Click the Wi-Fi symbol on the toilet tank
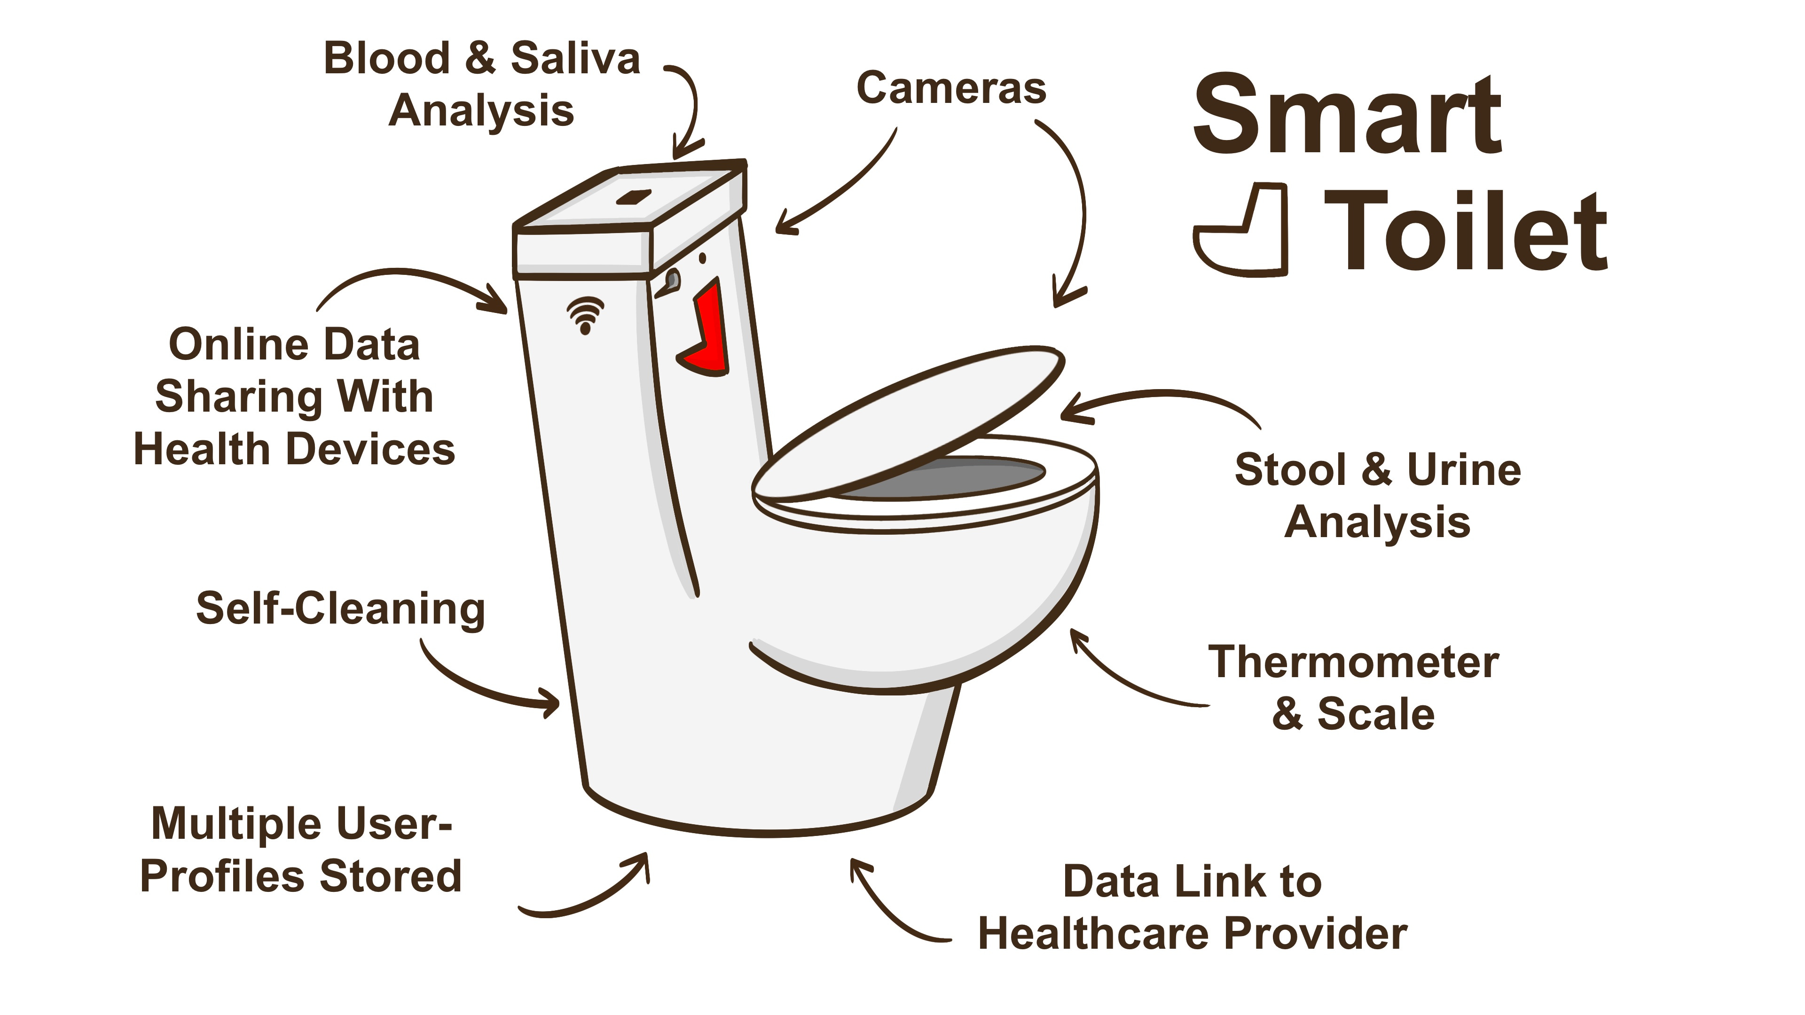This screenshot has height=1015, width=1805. click(585, 314)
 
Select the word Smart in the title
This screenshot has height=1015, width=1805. click(1347, 116)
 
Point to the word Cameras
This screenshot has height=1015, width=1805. click(951, 89)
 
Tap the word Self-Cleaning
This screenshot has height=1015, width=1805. click(340, 608)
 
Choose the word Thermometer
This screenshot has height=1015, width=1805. click(1353, 663)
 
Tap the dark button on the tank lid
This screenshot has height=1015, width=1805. click(634, 197)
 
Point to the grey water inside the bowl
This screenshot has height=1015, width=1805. click(953, 478)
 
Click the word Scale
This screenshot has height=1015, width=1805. click(1375, 714)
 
